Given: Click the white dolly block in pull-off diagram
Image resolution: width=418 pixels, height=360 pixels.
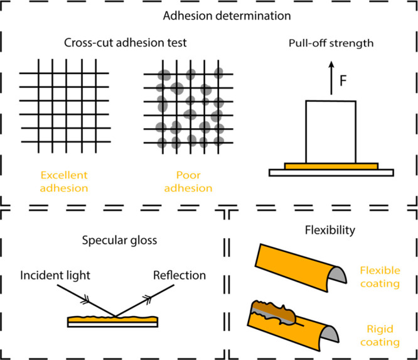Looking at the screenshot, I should coord(330,131).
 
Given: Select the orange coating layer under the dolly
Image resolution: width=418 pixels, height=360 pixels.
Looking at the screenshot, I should coord(331,166).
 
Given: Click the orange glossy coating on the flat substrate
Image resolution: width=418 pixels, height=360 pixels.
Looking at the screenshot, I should coord(113,318).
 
